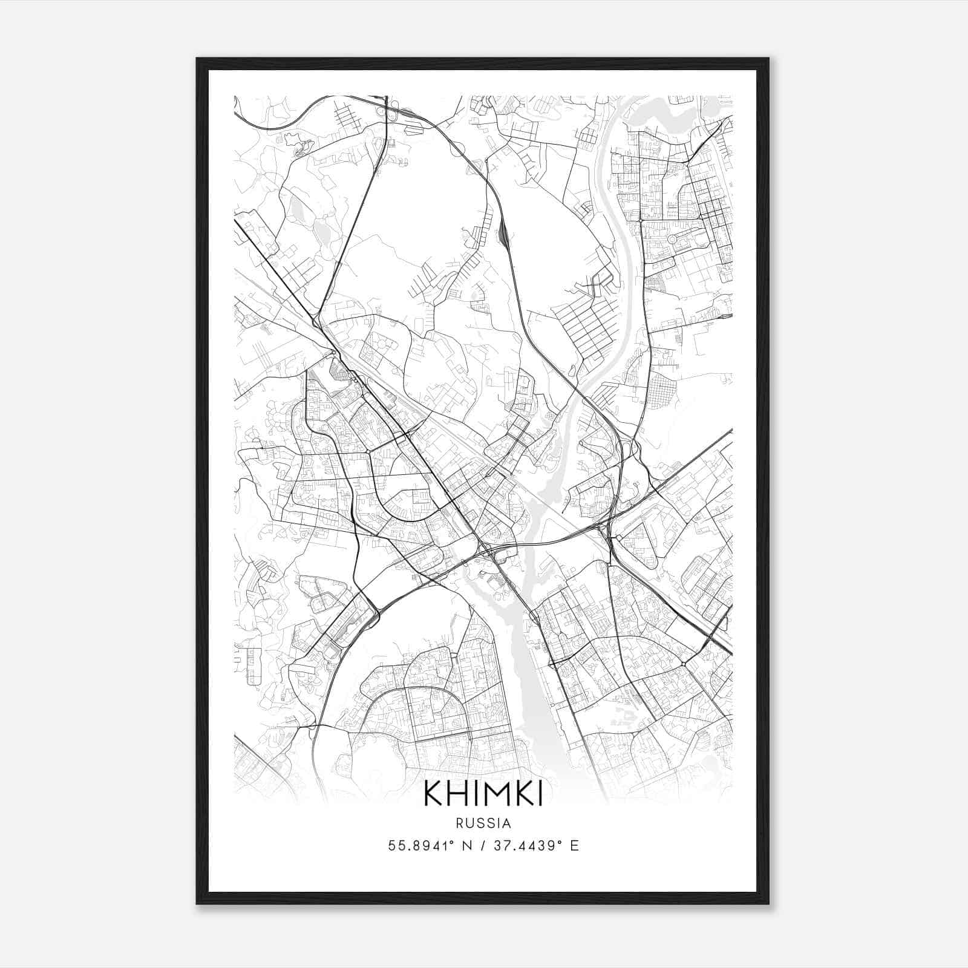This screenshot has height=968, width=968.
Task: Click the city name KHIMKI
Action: pos(483,794)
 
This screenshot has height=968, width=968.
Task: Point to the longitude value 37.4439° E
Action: pos(536,845)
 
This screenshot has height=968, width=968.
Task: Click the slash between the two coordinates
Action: pos(482,845)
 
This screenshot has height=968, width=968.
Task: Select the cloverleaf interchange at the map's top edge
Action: pos(390,110)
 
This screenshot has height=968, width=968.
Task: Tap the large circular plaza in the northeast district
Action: pos(673,240)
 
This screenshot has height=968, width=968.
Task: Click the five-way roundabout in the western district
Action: pos(367,451)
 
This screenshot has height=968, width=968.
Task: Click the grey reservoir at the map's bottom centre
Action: pos(532,684)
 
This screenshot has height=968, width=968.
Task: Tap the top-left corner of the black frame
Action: pos(198,59)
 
